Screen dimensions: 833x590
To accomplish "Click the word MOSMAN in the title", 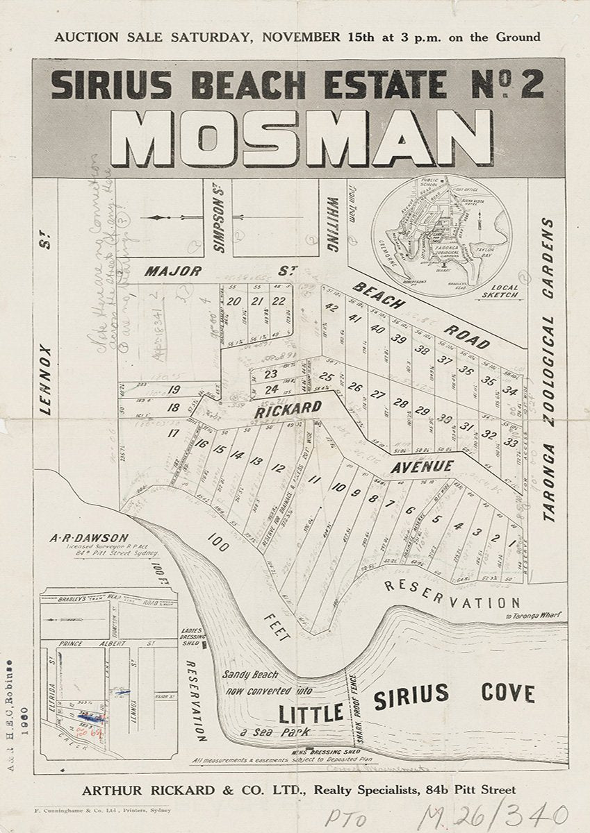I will point(296,139).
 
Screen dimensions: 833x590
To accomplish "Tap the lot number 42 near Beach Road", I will point(331,310).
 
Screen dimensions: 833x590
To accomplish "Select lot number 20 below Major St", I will point(233,301).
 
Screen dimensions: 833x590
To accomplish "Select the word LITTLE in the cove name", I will point(311,713).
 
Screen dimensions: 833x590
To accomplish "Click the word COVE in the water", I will point(507,693).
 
